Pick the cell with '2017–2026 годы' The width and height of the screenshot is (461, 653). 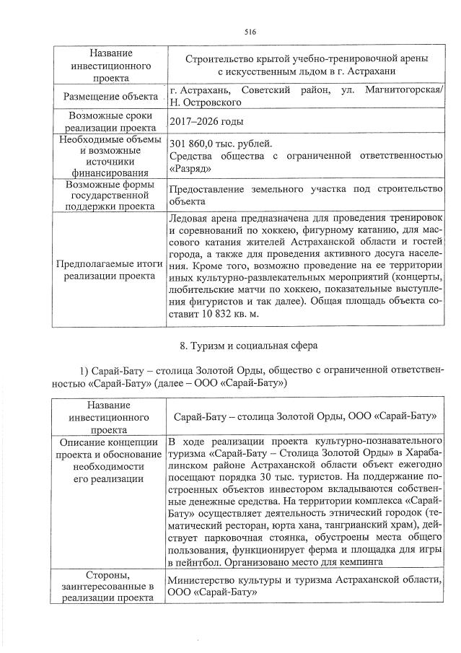[x=205, y=121]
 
